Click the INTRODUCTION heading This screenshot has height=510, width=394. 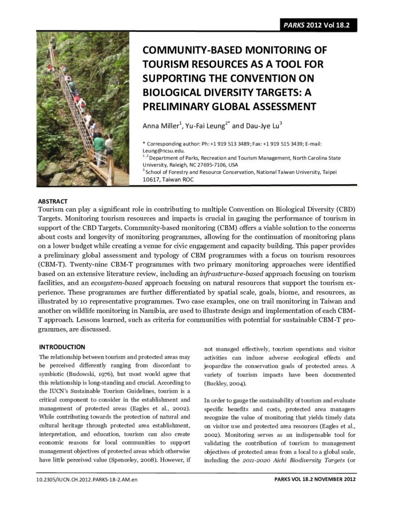[x=62, y=347]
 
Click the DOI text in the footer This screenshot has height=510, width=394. [x=87, y=479]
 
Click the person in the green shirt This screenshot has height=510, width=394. [x=99, y=145]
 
